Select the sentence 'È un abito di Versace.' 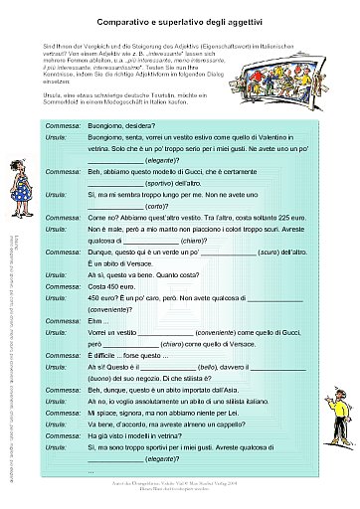[128, 261]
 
